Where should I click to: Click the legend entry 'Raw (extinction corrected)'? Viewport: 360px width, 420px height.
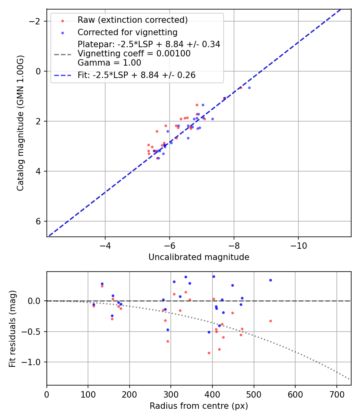pos(132,20)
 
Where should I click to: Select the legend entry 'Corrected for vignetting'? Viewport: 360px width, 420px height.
pos(127,32)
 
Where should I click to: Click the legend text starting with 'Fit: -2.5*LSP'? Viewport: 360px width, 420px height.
pos(136,75)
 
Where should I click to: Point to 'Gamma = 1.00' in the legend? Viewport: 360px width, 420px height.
pos(109,62)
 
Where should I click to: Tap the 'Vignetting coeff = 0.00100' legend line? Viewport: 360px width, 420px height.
pos(134,54)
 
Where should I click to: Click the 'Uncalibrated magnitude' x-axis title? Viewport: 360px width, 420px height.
pos(199,257)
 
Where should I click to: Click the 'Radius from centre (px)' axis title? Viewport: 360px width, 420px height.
pos(199,406)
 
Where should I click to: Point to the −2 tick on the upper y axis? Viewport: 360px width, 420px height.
pos(37,21)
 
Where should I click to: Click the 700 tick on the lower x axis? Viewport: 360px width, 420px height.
pos(336,394)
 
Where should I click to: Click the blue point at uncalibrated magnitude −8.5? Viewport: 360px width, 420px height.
pos(249,88)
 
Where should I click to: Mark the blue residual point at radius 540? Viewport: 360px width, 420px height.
pos(270,280)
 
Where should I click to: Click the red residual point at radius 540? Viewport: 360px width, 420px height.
pos(270,321)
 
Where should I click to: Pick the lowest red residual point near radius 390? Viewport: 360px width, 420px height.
pos(209,353)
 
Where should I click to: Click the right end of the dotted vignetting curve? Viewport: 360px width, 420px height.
pos(350,379)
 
